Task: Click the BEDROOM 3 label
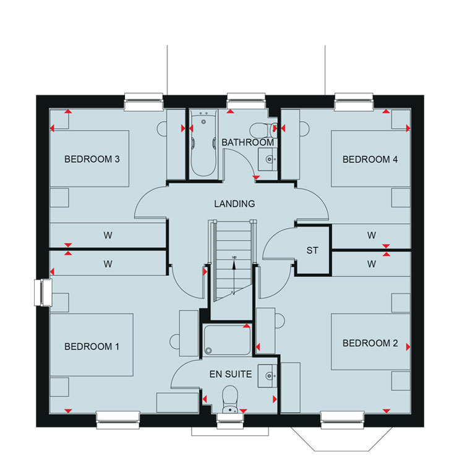click(92, 159)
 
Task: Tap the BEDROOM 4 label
click(370, 159)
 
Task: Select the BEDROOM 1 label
click(92, 346)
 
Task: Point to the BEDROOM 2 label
click(370, 343)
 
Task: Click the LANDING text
click(234, 204)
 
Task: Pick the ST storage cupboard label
click(312, 250)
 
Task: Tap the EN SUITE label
click(231, 374)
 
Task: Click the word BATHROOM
click(247, 142)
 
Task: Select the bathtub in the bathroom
click(203, 143)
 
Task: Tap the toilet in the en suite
click(230, 399)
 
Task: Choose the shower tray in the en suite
click(227, 340)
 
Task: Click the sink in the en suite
click(267, 376)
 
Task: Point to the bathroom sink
click(267, 160)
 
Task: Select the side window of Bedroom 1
click(43, 293)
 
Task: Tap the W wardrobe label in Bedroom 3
click(108, 235)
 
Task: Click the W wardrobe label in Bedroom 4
click(372, 235)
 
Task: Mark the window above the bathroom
click(246, 101)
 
